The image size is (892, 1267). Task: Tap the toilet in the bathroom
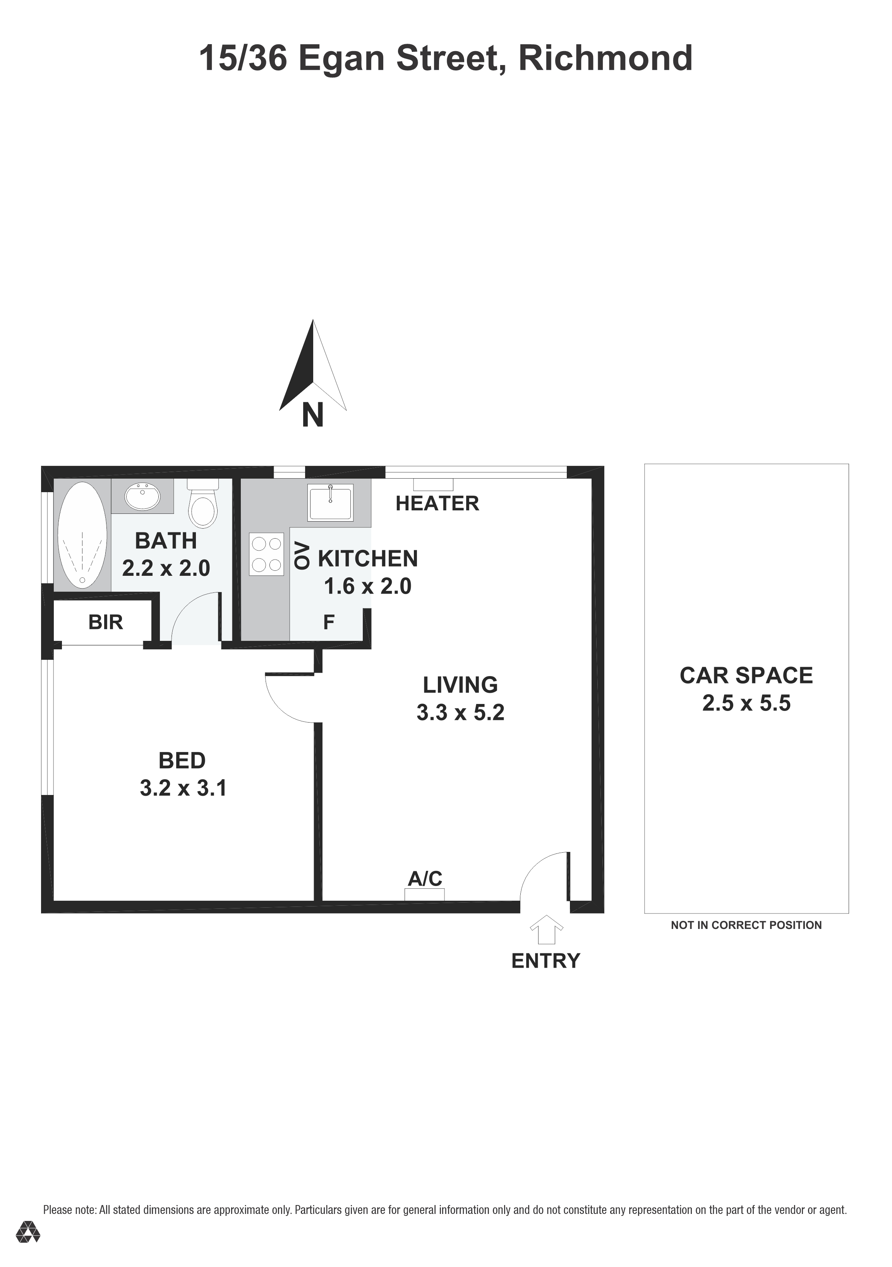point(202,503)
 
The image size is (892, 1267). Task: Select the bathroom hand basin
point(143,496)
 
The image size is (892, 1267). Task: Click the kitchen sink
point(330,502)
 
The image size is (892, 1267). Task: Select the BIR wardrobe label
point(105,622)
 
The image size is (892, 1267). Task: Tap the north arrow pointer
point(313,365)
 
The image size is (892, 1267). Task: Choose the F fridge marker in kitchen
point(329,622)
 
